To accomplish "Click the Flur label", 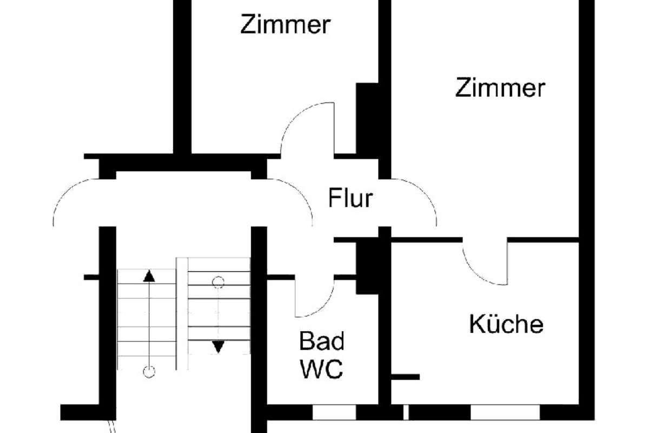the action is click(350, 198).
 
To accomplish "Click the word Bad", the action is click(322, 341).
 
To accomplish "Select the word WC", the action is click(322, 369).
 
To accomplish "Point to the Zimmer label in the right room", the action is click(500, 87).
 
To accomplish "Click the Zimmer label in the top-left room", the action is click(286, 24).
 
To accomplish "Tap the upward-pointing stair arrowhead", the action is click(149, 276).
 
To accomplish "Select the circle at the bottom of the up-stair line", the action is click(149, 372).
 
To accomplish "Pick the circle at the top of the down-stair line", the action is click(218, 282).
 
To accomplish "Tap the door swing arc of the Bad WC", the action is click(322, 308).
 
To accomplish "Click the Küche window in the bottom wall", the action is click(505, 412).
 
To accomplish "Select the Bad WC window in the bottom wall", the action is click(334, 412).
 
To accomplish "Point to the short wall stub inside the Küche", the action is click(405, 377).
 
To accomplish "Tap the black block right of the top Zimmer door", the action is click(367, 121).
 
